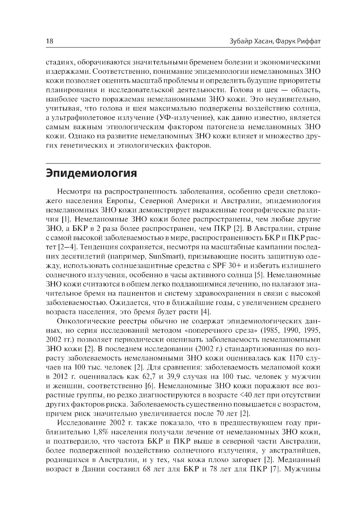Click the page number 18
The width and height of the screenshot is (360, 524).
50,41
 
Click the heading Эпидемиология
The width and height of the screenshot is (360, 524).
91,173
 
